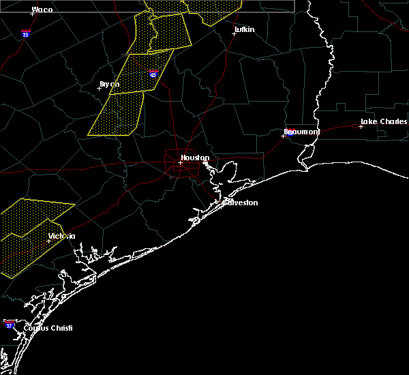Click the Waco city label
[42, 10]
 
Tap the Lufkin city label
[244, 30]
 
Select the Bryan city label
[109, 85]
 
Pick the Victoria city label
[62, 237]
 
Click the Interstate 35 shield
[25, 33]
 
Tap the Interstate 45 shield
[153, 73]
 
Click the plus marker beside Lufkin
[234, 33]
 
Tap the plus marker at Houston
[180, 162]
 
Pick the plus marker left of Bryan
[99, 88]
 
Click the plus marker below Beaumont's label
[283, 136]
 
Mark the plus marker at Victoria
[48, 241]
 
